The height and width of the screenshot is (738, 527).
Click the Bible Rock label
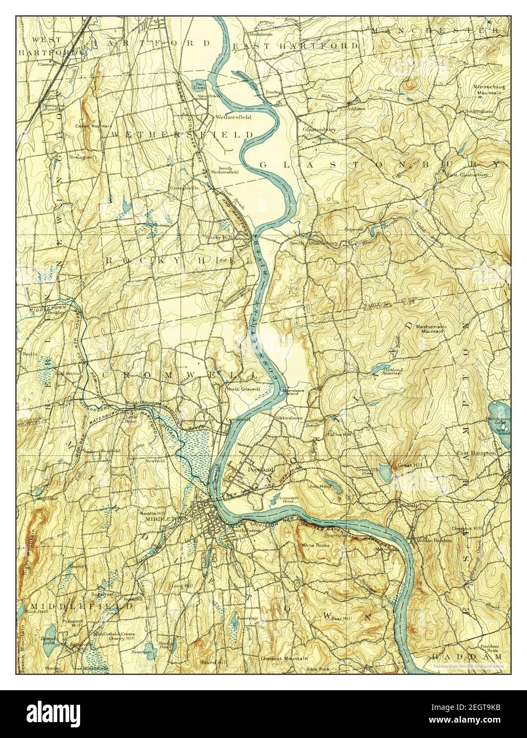pos(318,669)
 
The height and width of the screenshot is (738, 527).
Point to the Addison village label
pos(356,108)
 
